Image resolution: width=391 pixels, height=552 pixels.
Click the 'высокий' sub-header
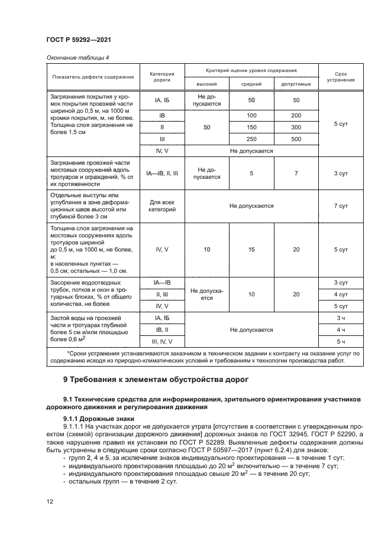[x=206, y=84]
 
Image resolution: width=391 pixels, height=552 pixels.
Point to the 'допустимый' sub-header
[x=296, y=84]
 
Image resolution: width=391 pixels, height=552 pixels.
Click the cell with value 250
[x=251, y=139]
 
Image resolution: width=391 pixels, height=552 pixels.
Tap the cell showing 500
[x=296, y=139]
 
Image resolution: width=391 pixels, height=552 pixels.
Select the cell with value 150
[x=251, y=127]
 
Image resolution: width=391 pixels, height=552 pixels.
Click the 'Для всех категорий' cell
[x=162, y=205]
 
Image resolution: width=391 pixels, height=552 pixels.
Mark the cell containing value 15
[x=251, y=250]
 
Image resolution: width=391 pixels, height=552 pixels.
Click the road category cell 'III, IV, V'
[x=162, y=341]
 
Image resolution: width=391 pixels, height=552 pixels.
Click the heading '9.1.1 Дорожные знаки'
[x=90, y=418]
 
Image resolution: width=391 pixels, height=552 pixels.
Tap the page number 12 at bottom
[x=50, y=501]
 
